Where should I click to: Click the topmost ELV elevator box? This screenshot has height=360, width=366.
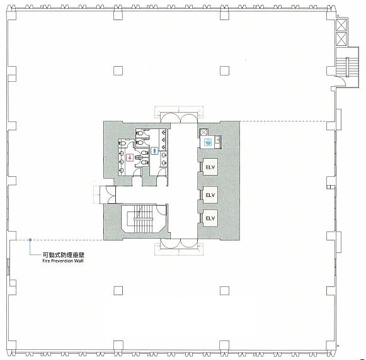click(210, 167)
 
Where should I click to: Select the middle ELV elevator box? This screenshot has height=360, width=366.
click(210, 194)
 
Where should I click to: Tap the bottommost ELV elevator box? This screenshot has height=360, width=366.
click(210, 218)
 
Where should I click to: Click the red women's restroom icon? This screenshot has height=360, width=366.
click(130, 158)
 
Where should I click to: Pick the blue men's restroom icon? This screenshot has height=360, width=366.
click(154, 151)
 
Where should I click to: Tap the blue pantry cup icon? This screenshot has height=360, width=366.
click(208, 142)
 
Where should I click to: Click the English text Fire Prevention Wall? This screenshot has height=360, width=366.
click(63, 261)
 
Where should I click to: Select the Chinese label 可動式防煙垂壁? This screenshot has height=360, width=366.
click(63, 255)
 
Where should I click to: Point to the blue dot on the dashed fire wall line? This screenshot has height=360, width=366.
click(30, 240)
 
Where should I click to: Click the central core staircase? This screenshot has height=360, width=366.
click(143, 218)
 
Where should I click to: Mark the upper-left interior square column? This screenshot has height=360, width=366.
click(118, 70)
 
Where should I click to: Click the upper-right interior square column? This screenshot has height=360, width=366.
click(224, 70)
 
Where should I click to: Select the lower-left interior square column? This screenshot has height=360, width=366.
click(118, 291)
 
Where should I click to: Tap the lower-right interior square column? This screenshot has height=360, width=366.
click(224, 291)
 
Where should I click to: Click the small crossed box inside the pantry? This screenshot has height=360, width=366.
click(203, 132)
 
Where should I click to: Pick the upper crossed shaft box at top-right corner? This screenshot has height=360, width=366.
click(341, 25)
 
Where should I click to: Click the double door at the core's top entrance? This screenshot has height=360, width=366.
click(180, 118)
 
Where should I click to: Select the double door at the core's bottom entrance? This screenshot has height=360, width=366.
click(180, 243)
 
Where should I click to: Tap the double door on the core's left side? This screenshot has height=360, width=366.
click(110, 194)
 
